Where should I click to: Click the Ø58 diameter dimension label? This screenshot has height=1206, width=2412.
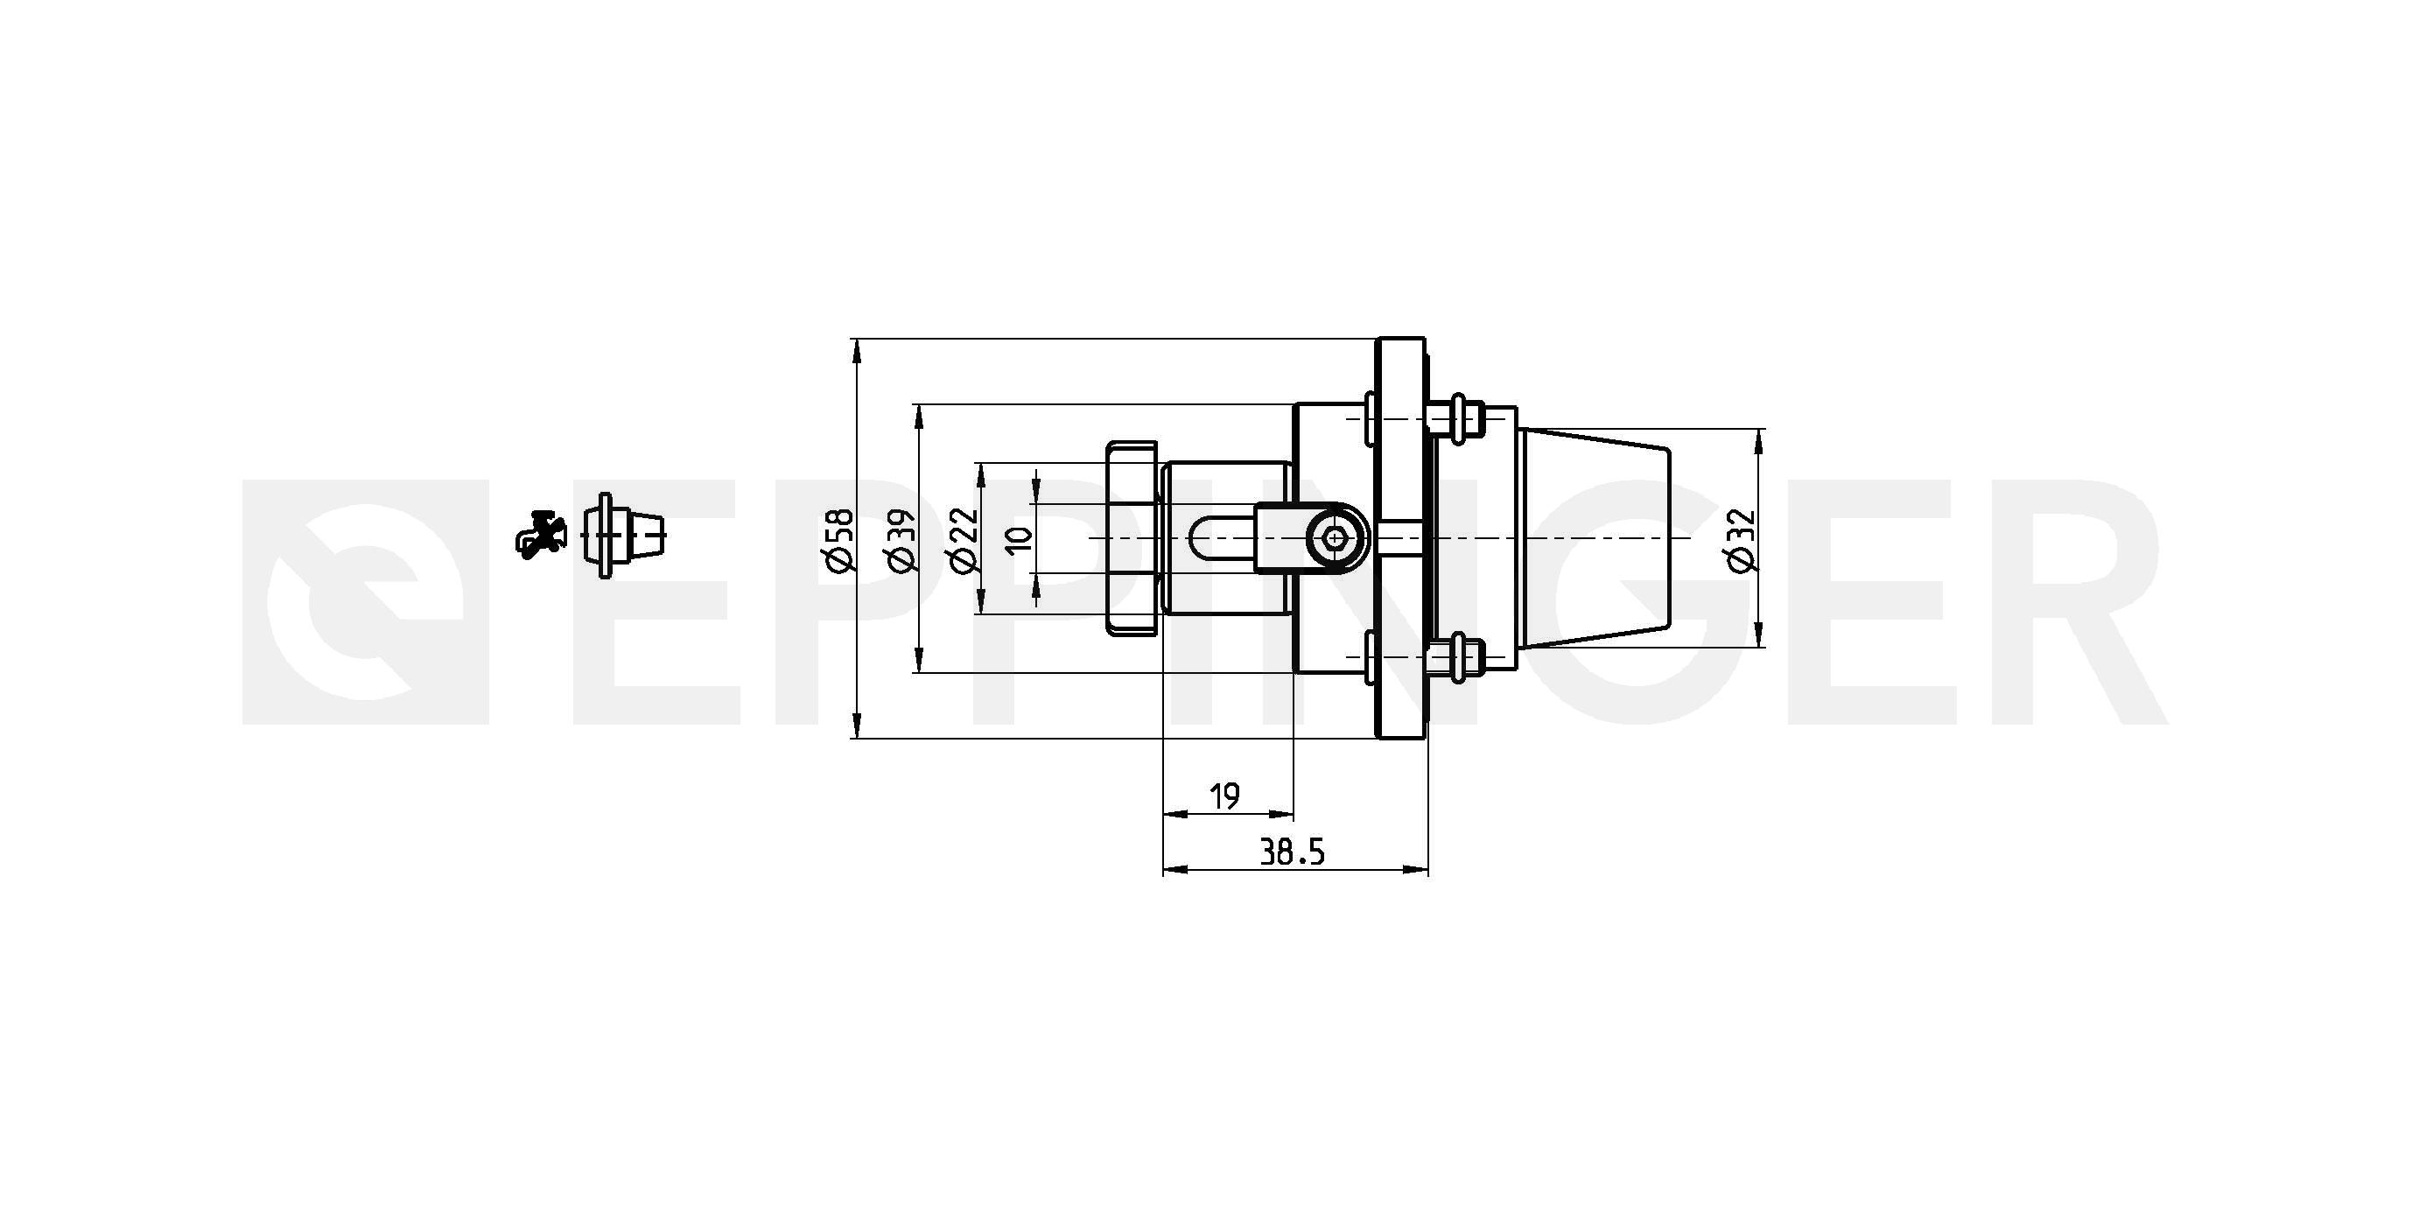[841, 539]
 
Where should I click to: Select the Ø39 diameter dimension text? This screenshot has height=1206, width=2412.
[901, 539]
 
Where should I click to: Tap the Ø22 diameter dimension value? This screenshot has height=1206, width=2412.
[963, 539]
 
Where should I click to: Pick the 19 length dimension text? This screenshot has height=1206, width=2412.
[1224, 796]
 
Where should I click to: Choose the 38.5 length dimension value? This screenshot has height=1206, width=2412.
[1292, 852]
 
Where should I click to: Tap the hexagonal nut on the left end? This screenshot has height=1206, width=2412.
[1133, 538]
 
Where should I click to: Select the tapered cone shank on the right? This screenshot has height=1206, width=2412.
[1594, 538]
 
